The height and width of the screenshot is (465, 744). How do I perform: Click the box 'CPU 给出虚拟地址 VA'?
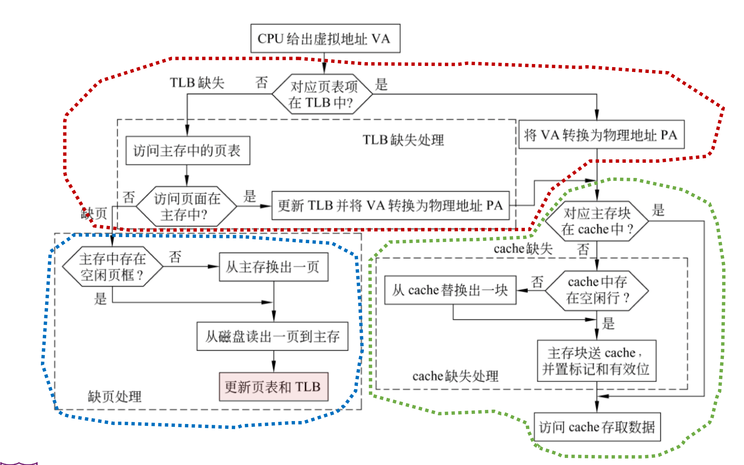pos(325,38)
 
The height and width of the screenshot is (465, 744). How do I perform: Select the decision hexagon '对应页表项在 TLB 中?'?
pos(322,94)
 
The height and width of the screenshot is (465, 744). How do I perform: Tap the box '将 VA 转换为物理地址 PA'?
pos(601,135)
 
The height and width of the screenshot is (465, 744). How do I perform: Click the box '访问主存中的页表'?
pos(187,151)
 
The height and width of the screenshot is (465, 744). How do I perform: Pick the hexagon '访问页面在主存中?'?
pos(186,206)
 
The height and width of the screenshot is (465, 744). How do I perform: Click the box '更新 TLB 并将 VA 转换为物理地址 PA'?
pos(390,206)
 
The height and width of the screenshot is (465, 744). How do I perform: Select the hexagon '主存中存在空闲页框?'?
pos(112,267)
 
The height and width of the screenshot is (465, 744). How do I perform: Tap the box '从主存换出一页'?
pos(273,267)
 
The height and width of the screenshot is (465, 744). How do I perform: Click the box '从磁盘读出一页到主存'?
pos(272,337)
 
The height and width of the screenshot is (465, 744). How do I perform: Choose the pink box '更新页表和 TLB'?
pos(273,387)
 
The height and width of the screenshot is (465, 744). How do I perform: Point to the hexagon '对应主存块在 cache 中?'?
pos(597,221)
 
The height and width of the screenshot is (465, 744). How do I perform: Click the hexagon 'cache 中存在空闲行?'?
pos(597,290)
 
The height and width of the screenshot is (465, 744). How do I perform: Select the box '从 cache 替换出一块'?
pos(450,290)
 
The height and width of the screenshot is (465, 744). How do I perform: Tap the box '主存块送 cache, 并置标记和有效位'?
pos(596,361)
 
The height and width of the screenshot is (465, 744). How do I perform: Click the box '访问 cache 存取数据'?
pos(597,427)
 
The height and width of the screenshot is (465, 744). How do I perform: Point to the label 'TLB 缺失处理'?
pos(403,140)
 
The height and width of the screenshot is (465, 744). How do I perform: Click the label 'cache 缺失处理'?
pos(455,376)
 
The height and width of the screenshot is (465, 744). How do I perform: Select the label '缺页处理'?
pos(115,396)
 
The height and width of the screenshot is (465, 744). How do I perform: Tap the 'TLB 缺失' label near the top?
pos(197,83)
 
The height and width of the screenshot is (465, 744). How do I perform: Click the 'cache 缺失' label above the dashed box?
pos(523,248)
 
